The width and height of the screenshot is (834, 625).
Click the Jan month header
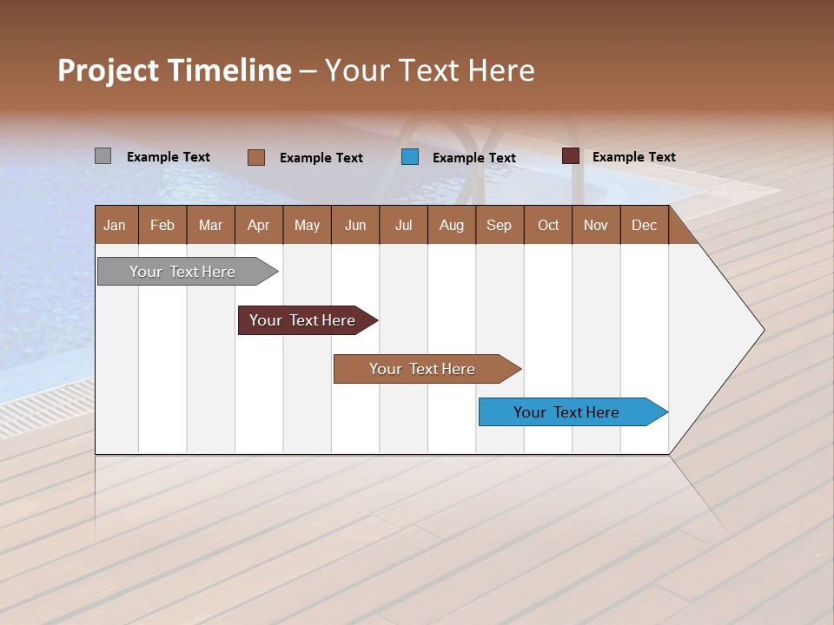click(x=115, y=225)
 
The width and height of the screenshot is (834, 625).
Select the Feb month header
click(x=162, y=225)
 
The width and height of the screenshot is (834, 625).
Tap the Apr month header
click(x=258, y=225)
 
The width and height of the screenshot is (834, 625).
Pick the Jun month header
click(x=355, y=225)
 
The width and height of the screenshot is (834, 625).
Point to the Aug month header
click(x=451, y=225)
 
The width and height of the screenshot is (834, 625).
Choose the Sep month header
click(x=499, y=225)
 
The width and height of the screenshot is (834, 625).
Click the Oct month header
click(x=548, y=225)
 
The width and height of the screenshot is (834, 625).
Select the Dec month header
click(x=644, y=225)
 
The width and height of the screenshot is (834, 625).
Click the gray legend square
click(x=103, y=156)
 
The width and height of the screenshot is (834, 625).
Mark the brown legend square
click(x=255, y=157)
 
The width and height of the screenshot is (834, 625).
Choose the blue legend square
click(x=410, y=157)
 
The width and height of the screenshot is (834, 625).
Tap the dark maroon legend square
click(x=570, y=156)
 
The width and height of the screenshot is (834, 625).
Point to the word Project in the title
click(x=108, y=70)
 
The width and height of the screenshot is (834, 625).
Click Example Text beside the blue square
click(x=474, y=158)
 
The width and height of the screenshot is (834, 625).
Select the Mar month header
click(x=210, y=225)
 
